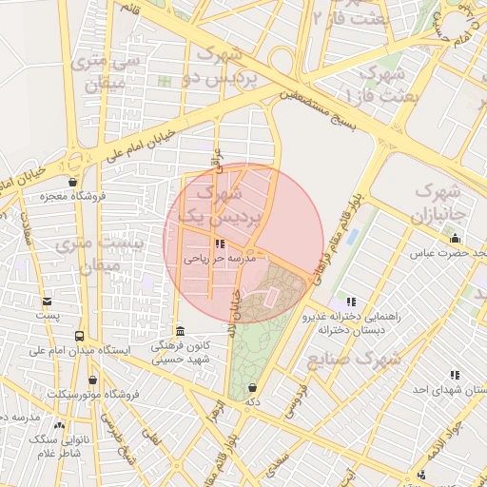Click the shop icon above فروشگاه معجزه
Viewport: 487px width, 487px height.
[x=72, y=182]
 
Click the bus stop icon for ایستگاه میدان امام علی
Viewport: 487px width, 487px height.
[x=80, y=336]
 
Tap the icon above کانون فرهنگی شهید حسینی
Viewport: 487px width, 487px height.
[x=180, y=330]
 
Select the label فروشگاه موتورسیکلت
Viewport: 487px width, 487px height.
[x=92, y=393]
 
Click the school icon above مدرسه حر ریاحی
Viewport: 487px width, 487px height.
[x=206, y=243]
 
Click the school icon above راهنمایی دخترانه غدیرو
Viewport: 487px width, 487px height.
[x=351, y=302]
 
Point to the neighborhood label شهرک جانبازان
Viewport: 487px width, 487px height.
[x=436, y=200]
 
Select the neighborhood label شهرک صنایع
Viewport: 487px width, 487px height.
[x=353, y=360]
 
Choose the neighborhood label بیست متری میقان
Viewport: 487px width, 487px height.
[x=99, y=255]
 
